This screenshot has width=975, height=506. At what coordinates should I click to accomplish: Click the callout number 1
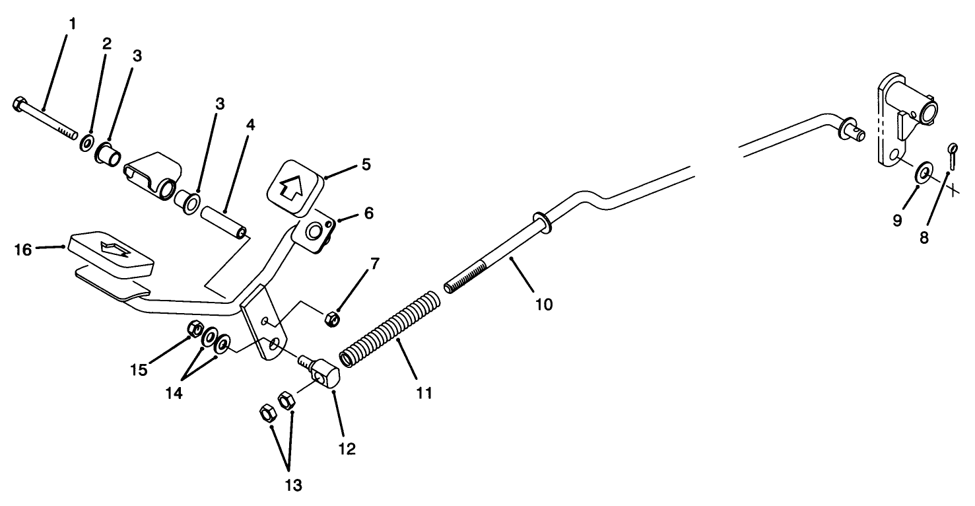point(73,24)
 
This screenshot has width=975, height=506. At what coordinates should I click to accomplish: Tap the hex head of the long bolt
point(19,104)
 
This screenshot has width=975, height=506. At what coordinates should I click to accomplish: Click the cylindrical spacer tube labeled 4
point(224,223)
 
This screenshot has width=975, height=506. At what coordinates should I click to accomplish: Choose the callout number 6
point(368,214)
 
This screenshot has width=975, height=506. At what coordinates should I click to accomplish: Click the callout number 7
point(374,264)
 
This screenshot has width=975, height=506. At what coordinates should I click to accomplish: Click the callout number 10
point(545,304)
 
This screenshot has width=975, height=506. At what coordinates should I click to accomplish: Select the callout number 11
point(423,393)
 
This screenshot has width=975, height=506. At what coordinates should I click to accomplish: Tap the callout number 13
point(293,486)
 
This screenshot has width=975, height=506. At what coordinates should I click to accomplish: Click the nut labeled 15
point(195,328)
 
